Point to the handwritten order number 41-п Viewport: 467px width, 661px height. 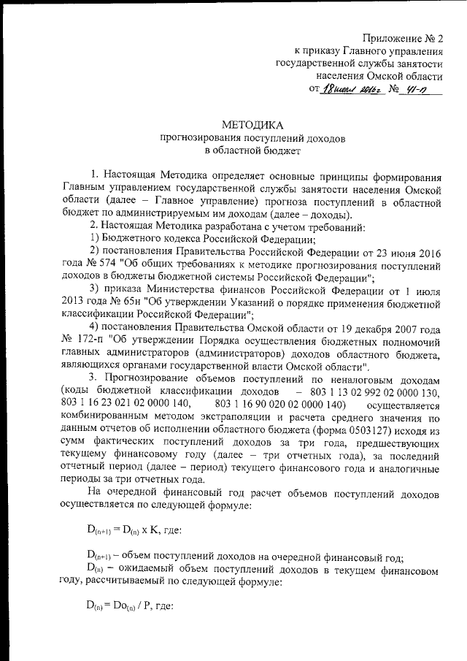pos(418,91)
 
